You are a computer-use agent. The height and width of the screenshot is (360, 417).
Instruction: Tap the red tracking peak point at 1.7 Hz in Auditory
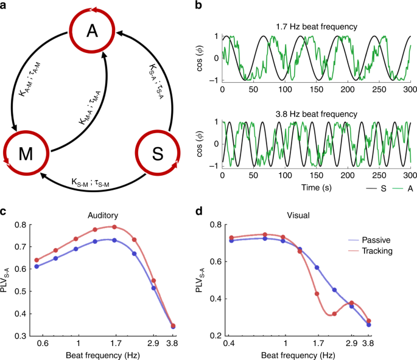(x=114, y=227)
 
